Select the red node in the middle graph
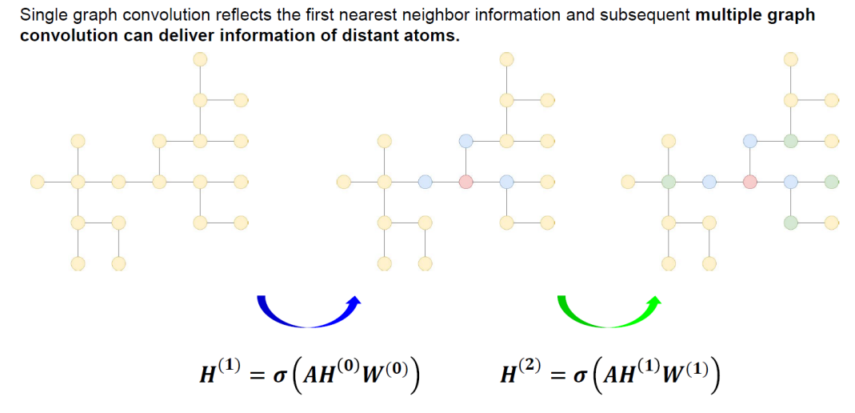pyautogui.click(x=465, y=182)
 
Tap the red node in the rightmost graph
pyautogui.click(x=749, y=182)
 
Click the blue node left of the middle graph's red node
pyautogui.click(x=425, y=182)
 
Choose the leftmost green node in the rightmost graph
pyautogui.click(x=669, y=182)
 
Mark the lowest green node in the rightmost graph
pyautogui.click(x=790, y=222)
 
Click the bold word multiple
pyautogui.click(x=727, y=15)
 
